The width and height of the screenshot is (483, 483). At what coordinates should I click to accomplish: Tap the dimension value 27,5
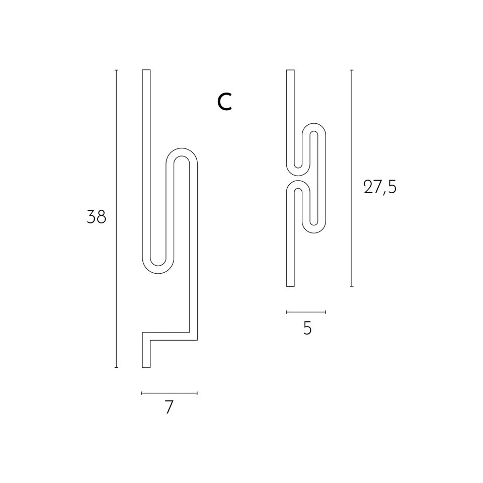[x=380, y=187]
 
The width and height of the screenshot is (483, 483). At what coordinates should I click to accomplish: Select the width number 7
[x=169, y=407]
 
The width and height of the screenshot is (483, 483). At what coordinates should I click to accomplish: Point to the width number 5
[x=307, y=329]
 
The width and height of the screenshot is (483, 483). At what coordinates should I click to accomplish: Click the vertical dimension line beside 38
[x=116, y=219]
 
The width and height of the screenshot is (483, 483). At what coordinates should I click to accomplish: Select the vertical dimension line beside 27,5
[x=352, y=178]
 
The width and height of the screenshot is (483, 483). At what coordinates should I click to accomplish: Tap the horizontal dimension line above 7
[x=169, y=393]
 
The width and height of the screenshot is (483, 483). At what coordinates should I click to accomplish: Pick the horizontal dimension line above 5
[x=306, y=312]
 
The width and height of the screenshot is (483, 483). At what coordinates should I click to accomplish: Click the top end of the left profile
[x=146, y=70]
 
